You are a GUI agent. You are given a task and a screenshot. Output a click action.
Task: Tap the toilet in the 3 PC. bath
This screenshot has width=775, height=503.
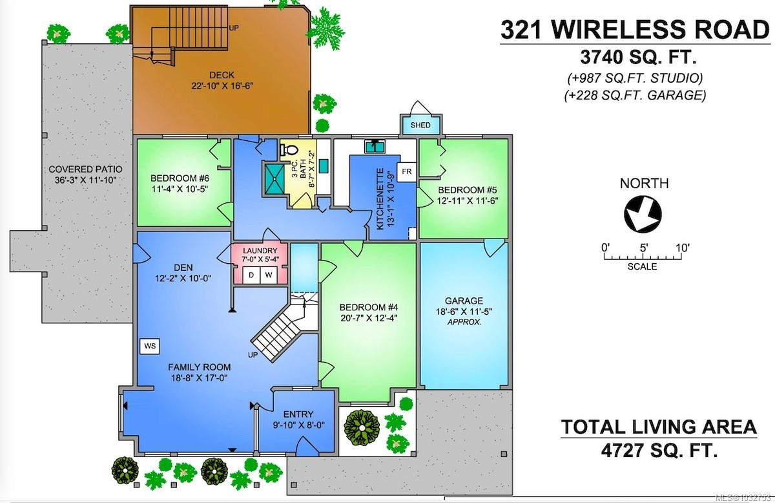(287, 151)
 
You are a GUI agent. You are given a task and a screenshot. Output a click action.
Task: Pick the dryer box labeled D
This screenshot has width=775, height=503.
(253, 275)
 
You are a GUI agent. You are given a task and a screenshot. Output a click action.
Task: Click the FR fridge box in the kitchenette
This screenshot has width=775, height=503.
(407, 171)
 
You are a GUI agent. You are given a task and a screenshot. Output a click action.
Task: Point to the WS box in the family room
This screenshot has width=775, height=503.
(150, 346)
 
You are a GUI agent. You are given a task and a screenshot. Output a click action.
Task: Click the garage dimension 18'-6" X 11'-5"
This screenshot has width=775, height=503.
(464, 311)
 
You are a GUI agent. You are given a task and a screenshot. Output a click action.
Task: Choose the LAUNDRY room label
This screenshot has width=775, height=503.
(260, 251)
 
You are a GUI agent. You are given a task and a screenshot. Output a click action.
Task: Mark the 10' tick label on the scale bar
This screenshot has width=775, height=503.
(682, 247)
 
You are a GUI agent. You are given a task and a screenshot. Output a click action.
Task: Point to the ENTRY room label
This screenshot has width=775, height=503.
(298, 414)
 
